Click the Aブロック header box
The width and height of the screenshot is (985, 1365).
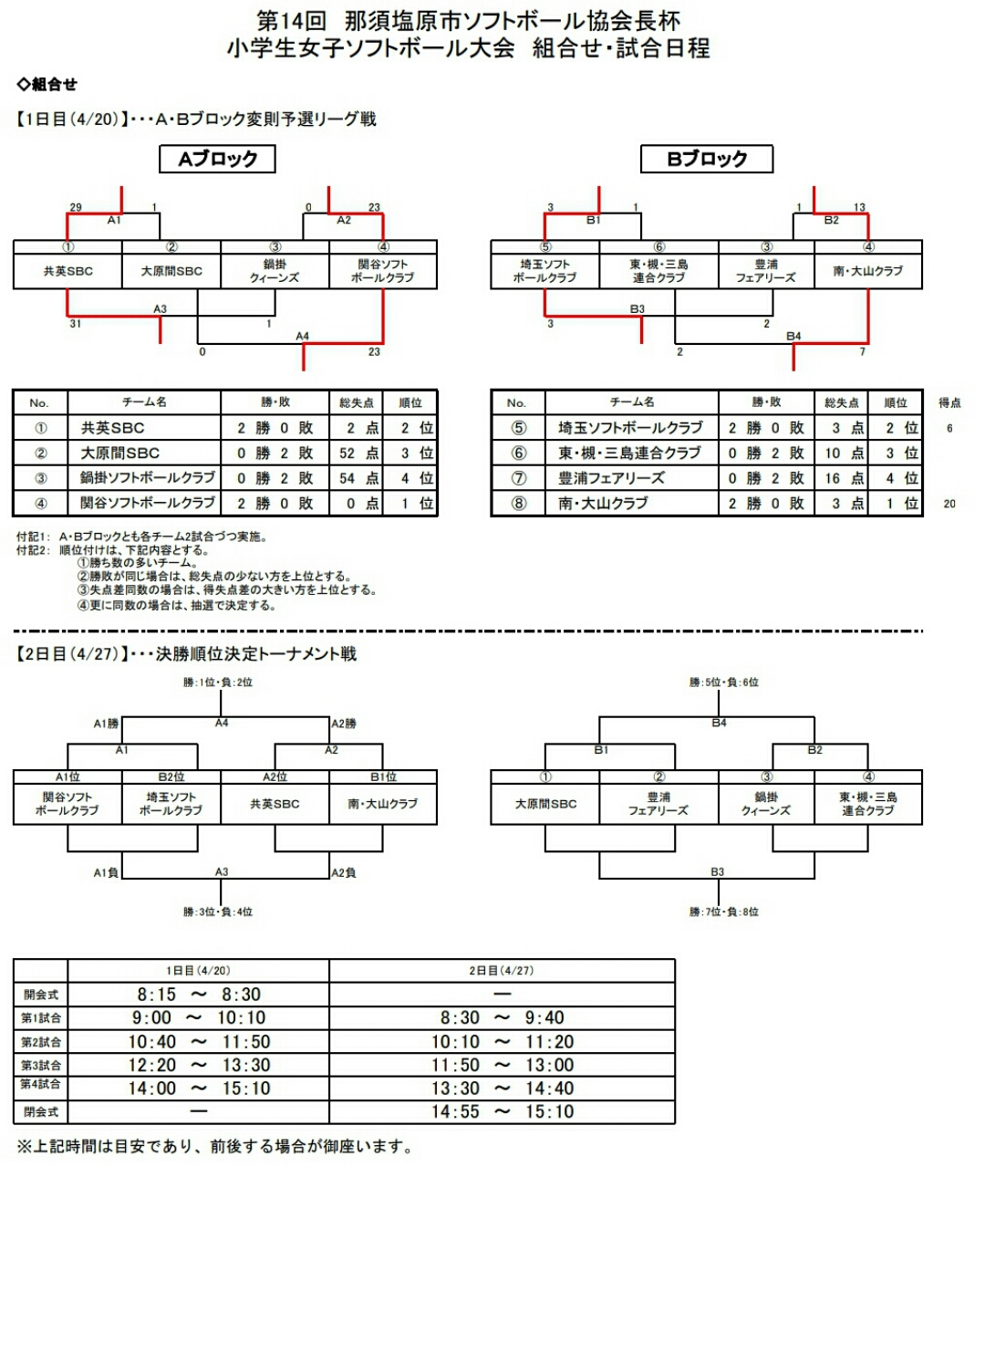217,159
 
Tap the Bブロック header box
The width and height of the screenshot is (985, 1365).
707,159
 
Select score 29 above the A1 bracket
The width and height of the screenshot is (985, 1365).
76,207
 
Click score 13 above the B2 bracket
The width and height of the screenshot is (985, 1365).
859,207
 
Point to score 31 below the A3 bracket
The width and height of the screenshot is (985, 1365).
76,324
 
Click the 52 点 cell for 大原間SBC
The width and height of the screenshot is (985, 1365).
356,453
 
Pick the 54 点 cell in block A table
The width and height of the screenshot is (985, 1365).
356,478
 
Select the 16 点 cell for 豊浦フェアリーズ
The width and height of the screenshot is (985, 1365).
841,478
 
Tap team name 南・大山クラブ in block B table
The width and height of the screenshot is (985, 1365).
603,504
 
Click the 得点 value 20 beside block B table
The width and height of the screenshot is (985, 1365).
949,504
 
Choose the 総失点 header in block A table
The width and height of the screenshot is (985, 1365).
356,402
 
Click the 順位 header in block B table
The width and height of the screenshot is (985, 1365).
895,402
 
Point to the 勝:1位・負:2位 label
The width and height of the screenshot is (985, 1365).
218,682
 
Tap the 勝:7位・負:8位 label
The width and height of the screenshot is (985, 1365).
724,912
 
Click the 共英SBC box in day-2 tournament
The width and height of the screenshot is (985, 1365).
275,804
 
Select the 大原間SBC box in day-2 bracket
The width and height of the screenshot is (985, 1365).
545,804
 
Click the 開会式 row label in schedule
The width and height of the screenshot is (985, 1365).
41,995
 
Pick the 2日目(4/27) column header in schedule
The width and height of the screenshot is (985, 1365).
502,971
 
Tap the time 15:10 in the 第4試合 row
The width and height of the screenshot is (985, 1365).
246,1089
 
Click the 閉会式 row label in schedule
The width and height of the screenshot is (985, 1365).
41,1112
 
